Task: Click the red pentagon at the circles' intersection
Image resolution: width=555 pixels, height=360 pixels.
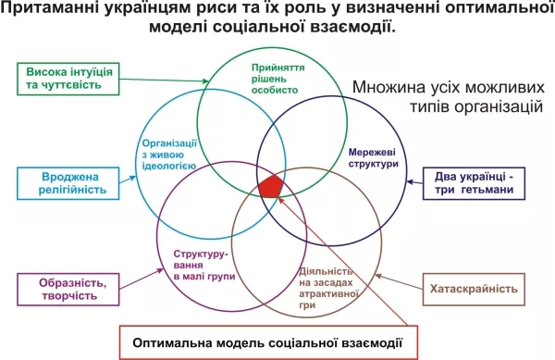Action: (271, 186)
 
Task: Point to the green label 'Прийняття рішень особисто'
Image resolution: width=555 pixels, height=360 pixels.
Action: (277, 79)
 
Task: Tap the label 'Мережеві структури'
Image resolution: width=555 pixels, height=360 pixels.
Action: (373, 158)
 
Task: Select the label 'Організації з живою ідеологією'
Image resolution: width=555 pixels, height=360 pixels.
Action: (169, 155)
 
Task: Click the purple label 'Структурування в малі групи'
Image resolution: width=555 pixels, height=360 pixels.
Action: (204, 265)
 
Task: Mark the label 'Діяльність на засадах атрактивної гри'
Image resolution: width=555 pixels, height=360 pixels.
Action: (328, 288)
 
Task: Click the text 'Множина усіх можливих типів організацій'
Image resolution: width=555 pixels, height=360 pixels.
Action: (449, 96)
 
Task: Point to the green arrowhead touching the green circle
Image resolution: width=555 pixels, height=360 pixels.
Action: (205, 81)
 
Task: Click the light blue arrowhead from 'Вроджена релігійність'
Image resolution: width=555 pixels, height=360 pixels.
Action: (132, 178)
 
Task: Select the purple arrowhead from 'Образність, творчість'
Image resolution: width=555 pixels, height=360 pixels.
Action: (160, 271)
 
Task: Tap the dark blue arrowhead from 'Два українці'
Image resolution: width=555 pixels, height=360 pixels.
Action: (410, 182)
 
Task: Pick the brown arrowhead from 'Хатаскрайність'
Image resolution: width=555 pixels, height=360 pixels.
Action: (378, 276)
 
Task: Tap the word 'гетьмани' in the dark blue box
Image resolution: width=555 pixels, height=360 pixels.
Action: (487, 190)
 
